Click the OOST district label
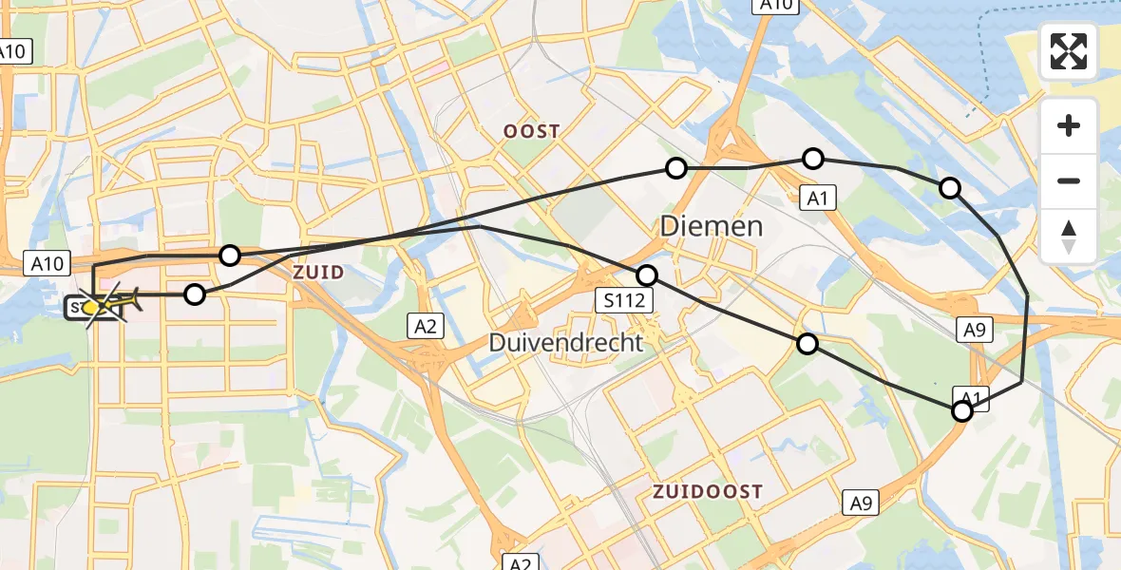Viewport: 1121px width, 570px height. (x=532, y=132)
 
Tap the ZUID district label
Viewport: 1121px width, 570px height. (x=318, y=273)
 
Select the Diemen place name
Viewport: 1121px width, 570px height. (x=712, y=226)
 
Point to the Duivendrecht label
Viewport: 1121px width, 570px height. (x=566, y=342)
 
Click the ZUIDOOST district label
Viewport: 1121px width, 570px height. (x=708, y=491)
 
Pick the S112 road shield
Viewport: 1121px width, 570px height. (x=626, y=302)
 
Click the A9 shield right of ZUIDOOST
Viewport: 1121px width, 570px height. (x=861, y=503)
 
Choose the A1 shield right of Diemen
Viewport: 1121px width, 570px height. (x=816, y=198)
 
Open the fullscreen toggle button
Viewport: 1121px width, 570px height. (x=1069, y=51)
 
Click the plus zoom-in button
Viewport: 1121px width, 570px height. (x=1069, y=126)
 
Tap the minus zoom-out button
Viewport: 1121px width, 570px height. (x=1069, y=180)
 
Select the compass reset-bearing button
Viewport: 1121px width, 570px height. (x=1069, y=236)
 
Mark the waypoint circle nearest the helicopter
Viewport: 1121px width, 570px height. (x=194, y=294)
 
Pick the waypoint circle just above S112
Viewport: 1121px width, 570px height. (x=647, y=275)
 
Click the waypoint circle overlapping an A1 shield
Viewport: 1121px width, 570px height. (x=962, y=410)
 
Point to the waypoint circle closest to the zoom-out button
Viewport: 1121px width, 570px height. (x=949, y=188)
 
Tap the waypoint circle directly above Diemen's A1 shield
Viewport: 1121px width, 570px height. (x=812, y=159)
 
